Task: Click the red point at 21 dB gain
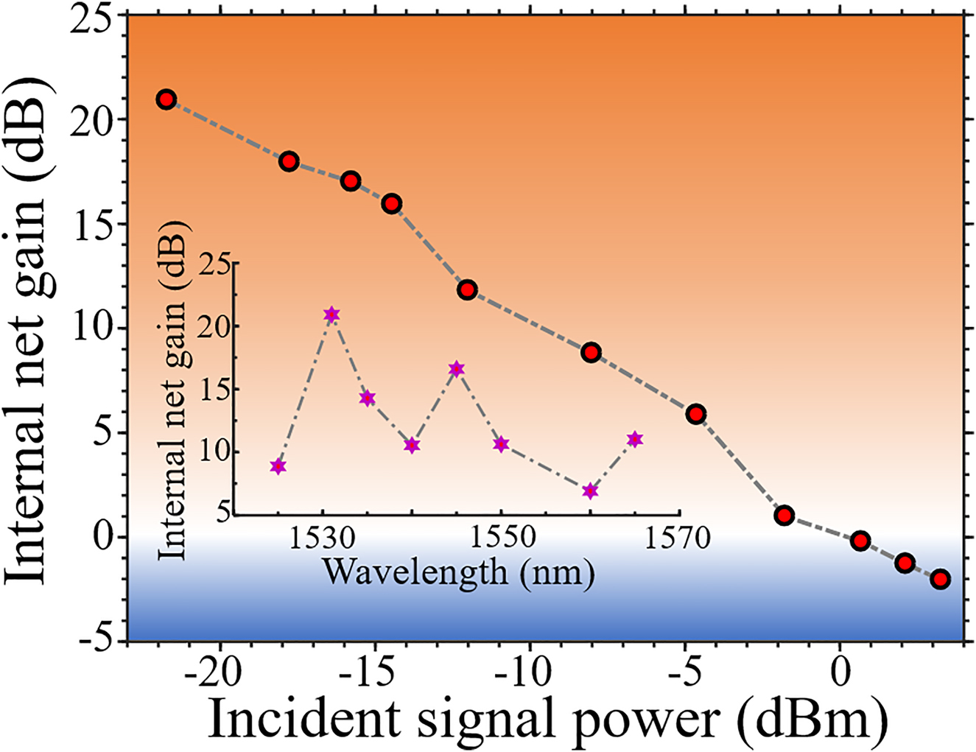coord(166,99)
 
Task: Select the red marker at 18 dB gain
coord(289,161)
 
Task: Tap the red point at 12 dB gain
coord(467,289)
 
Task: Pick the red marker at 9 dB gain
coord(591,352)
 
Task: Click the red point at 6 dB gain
coord(696,414)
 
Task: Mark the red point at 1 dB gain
coord(784,516)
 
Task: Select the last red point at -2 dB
coord(940,579)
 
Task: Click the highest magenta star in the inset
coord(332,314)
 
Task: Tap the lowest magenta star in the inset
coord(590,491)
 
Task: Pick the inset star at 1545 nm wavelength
coord(457,369)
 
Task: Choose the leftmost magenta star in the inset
coord(278,466)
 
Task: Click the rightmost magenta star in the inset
coord(635,440)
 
